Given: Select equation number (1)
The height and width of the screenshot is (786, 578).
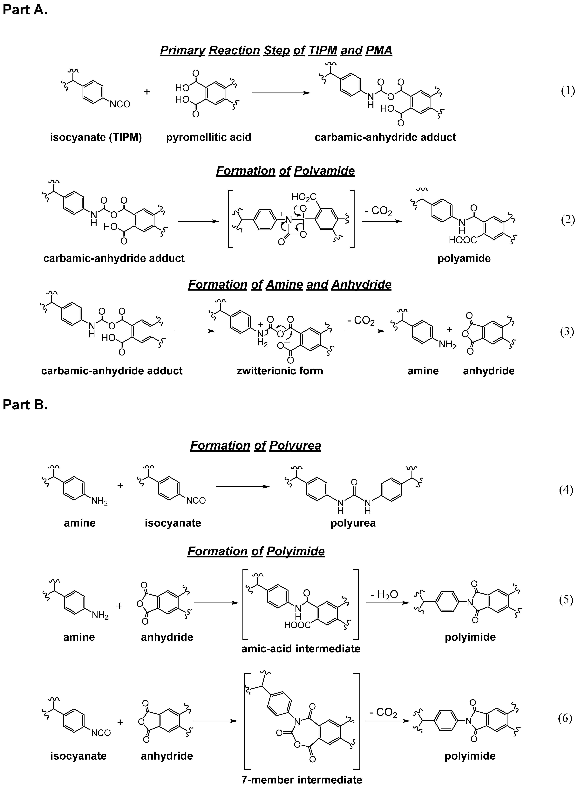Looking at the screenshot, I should point(568,91).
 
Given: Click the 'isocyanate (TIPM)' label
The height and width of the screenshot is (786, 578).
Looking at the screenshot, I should point(96,137).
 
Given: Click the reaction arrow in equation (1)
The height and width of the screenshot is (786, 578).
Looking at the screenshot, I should point(281,93).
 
